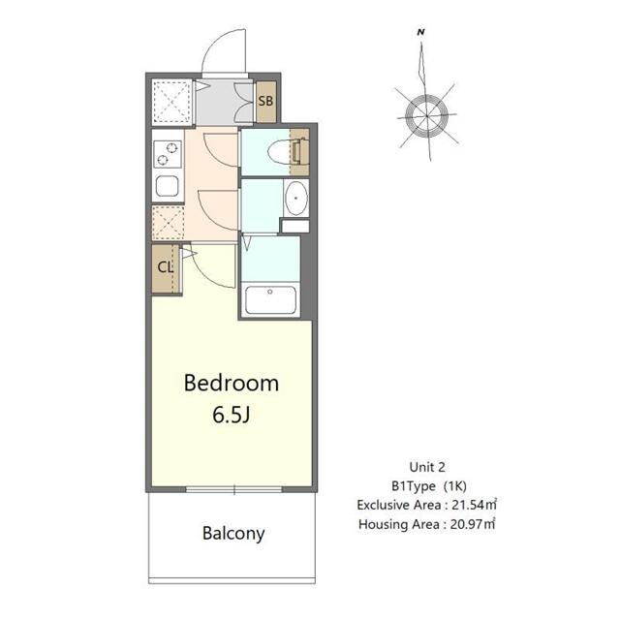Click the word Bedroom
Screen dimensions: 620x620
[x=232, y=383]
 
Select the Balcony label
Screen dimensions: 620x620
[x=233, y=533]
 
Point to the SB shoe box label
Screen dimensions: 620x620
[x=265, y=101]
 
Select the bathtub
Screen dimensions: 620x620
[x=272, y=299]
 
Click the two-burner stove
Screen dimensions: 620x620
[x=167, y=153]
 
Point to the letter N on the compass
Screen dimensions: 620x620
[x=421, y=33]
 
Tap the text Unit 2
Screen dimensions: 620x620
[x=426, y=466]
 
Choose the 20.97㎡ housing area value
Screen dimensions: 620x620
[x=474, y=524]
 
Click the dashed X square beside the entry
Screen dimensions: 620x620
[x=174, y=100]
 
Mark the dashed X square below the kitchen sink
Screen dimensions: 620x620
[x=167, y=223]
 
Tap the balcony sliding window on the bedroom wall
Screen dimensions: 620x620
[x=233, y=490]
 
